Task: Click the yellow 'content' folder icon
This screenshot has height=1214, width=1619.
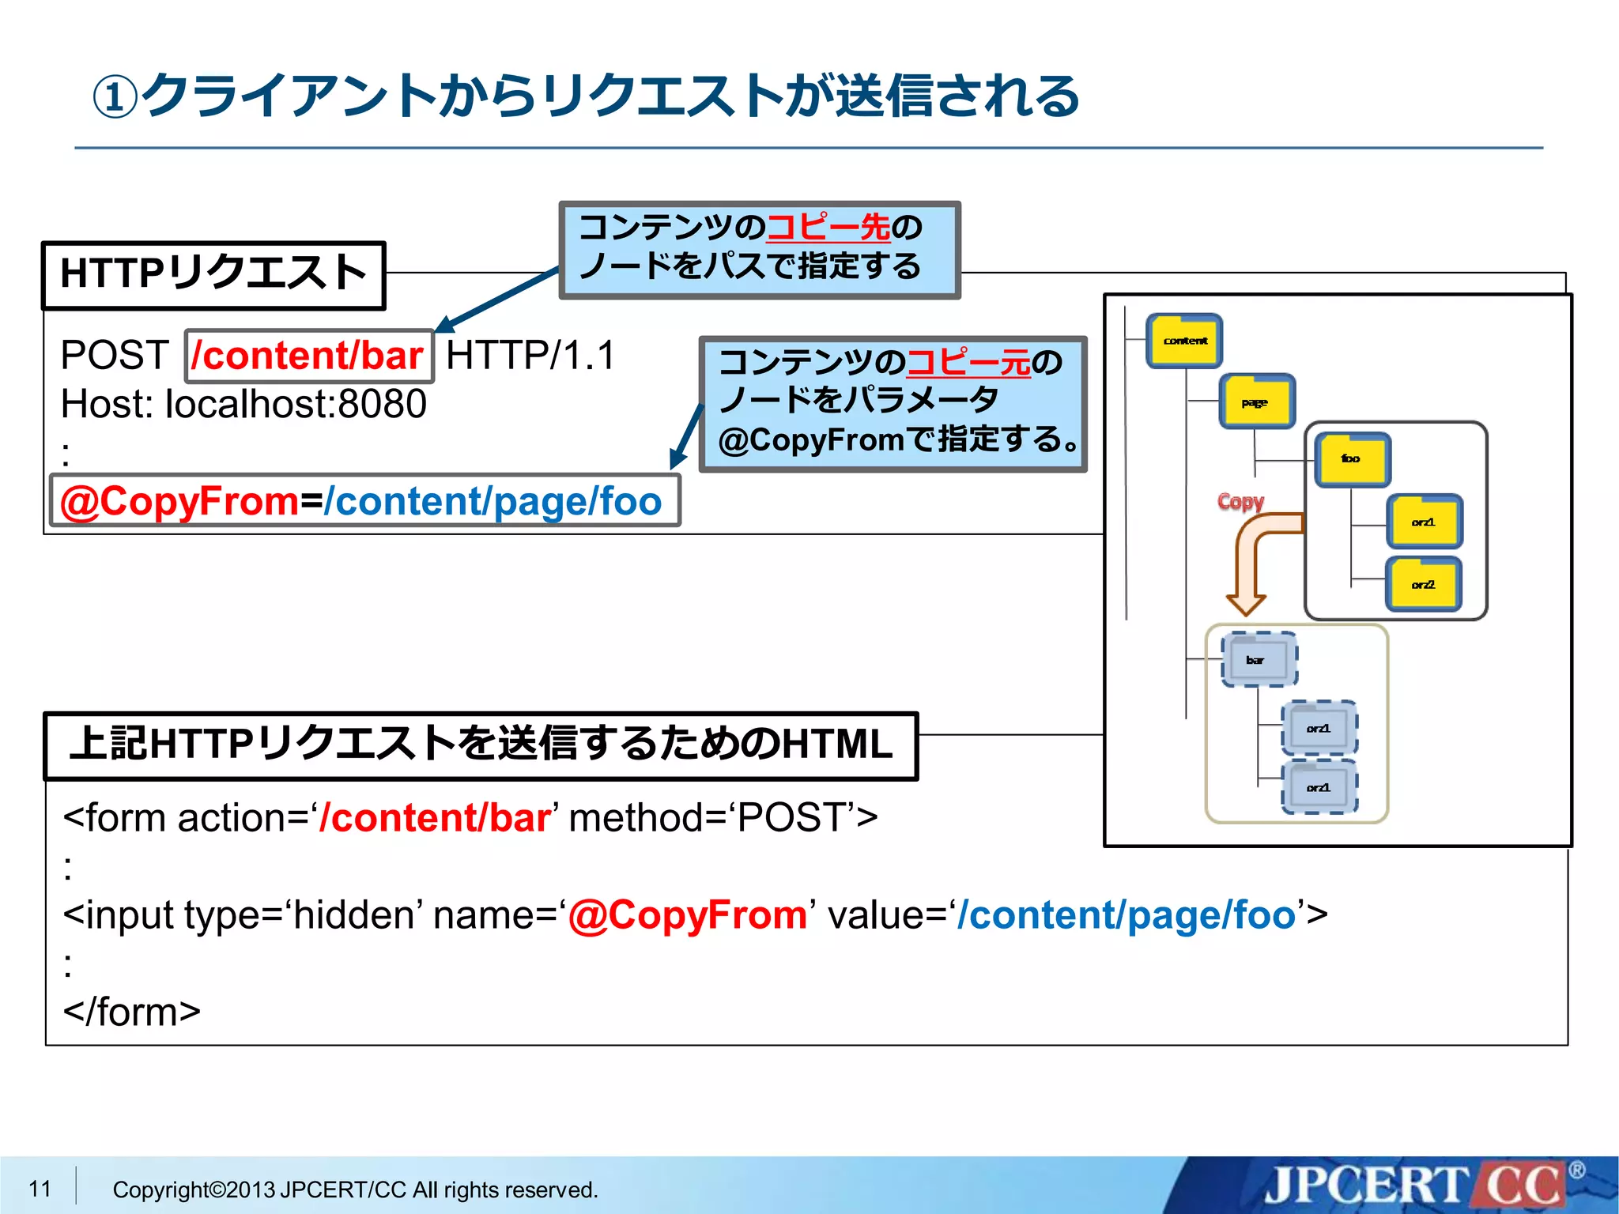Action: [x=1184, y=341]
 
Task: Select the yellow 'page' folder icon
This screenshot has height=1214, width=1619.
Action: [x=1256, y=402]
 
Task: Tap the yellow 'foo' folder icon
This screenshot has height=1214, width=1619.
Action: [x=1352, y=459]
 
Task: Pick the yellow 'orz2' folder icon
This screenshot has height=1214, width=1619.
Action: [x=1423, y=584]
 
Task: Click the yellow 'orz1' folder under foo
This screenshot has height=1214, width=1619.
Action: [x=1424, y=522]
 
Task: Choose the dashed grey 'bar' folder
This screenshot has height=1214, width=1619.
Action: [x=1259, y=659]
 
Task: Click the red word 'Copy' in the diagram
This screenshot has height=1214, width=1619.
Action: [x=1240, y=501]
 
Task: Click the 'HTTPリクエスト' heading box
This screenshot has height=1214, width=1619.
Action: [x=213, y=274]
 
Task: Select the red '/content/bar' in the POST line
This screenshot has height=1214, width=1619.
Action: [x=308, y=355]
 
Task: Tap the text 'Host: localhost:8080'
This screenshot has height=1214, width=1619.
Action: [x=243, y=404]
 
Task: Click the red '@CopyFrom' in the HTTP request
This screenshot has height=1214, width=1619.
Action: [x=180, y=501]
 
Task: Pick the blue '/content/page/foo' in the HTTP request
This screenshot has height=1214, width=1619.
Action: [x=492, y=501]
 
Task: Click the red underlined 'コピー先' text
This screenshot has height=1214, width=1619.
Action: [x=828, y=228]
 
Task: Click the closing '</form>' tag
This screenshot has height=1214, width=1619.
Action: [x=132, y=1012]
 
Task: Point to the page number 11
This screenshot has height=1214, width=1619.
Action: [x=40, y=1188]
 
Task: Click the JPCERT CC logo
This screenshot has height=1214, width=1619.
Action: [x=1415, y=1186]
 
